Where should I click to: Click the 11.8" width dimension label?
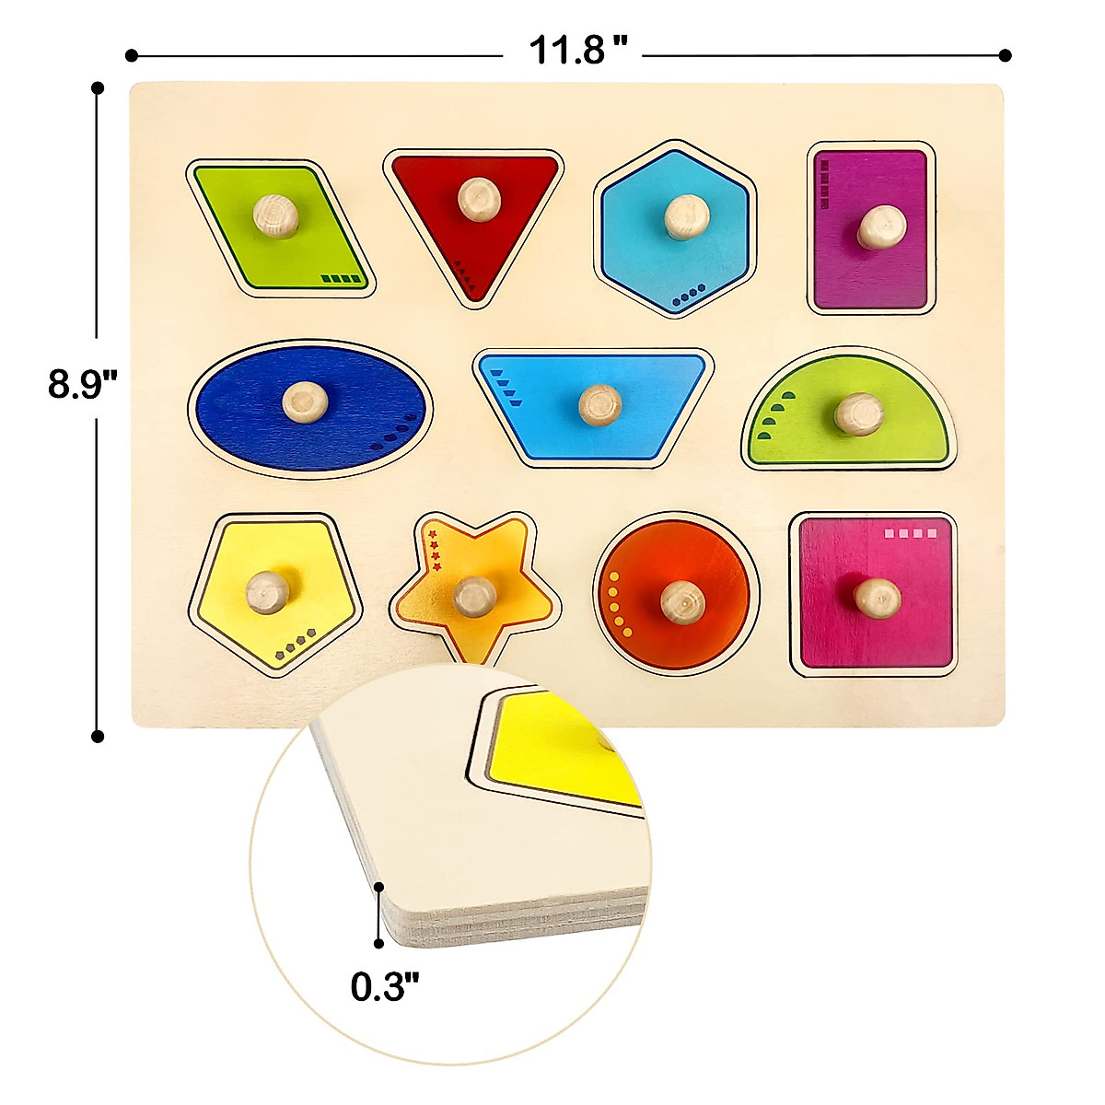coord(577,50)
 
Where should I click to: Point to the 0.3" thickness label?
coord(385,985)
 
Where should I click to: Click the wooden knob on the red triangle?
coord(479,199)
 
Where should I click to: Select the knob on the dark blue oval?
coord(305,402)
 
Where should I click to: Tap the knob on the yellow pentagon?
coord(268,592)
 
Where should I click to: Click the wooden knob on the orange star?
coord(475,597)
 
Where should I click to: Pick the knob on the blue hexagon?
coord(687,216)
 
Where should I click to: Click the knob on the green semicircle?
coord(858,414)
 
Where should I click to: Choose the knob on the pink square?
coord(878,599)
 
